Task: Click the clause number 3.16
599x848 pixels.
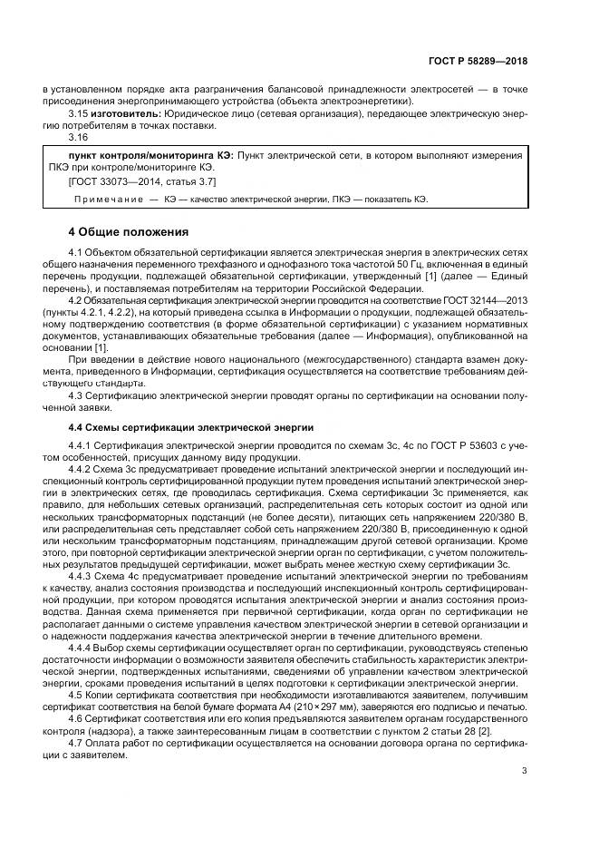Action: click(80, 137)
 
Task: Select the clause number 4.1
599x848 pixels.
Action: click(77, 250)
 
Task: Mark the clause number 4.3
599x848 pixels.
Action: click(77, 395)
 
